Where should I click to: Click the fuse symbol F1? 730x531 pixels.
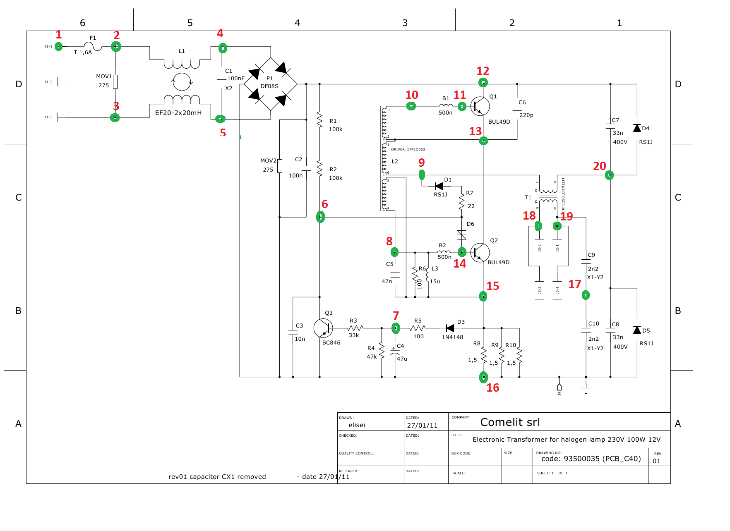coord(93,46)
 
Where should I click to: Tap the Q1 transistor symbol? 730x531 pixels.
coord(480,106)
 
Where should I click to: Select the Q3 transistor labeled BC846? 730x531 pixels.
coord(323,328)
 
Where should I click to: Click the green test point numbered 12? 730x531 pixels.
coord(483,83)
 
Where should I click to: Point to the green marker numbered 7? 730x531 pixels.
coord(396,328)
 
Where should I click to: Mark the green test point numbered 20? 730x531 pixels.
coord(609,175)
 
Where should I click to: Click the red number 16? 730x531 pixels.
coord(492,387)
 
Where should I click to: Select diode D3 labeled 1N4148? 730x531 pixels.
coord(450,328)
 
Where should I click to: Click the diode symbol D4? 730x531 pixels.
coord(637,128)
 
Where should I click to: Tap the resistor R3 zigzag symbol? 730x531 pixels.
coord(355,328)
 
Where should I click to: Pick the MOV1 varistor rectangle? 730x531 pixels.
coord(115,82)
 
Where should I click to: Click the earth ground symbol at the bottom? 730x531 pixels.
coord(586,389)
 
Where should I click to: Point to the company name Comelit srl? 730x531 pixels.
coord(510,422)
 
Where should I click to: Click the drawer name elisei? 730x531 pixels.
coord(357,425)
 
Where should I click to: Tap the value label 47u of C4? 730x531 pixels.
coord(402,359)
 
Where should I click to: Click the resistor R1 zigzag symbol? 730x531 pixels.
coord(319,120)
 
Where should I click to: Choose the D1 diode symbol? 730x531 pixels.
coord(439,186)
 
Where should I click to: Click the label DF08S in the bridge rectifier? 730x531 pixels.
coord(269,86)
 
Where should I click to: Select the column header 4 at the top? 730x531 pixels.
coord(297,23)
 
